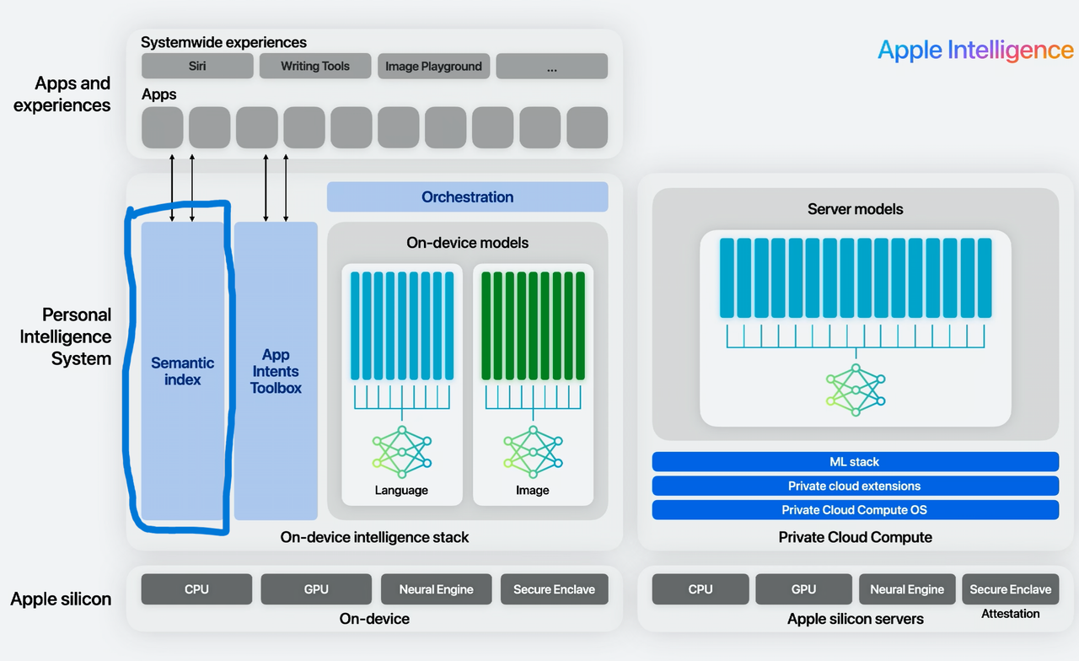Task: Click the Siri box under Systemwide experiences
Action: pos(197,66)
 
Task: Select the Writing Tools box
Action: pos(315,66)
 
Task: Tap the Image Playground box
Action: pos(433,66)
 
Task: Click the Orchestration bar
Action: pos(467,196)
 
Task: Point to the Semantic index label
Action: pos(183,371)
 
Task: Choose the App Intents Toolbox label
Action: pos(276,371)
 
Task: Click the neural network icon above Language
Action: pos(401,452)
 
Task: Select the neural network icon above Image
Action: pos(533,452)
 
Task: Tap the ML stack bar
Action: pos(855,462)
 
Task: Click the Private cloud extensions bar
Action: pos(855,486)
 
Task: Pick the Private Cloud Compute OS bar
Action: pos(855,509)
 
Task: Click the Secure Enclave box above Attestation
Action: pos(1010,589)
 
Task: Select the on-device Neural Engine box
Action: pos(436,589)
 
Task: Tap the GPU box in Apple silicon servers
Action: pos(803,589)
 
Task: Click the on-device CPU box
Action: pos(196,589)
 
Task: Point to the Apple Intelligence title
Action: pos(975,50)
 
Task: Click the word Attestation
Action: pos(1010,614)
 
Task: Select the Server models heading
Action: pos(855,209)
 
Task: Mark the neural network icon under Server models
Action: pos(856,390)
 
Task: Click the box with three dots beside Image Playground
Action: pos(551,66)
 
